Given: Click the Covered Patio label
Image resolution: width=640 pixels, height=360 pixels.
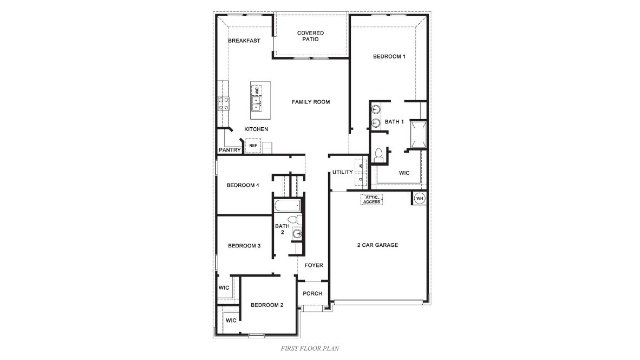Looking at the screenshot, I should (x=310, y=36).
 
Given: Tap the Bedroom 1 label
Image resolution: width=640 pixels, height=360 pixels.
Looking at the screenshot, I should (x=389, y=56).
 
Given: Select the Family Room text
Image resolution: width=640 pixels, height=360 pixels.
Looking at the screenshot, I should (x=311, y=102).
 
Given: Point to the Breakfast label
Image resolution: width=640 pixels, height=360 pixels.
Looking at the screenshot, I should (x=244, y=41).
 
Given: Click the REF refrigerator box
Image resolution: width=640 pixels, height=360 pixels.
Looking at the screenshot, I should (x=253, y=146).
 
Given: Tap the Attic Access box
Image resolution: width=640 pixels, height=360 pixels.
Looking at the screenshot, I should (x=372, y=200).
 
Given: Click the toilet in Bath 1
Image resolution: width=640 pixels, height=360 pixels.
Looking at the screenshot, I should (x=379, y=154).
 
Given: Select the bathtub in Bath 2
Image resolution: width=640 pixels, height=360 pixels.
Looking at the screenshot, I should (x=286, y=206).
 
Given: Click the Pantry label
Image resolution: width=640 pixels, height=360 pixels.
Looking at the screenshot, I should (x=230, y=150).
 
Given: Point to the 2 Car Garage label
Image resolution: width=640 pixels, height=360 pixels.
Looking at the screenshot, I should (x=377, y=245).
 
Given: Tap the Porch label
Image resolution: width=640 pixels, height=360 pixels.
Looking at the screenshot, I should (x=312, y=293).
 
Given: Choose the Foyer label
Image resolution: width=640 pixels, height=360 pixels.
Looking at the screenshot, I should (x=314, y=265).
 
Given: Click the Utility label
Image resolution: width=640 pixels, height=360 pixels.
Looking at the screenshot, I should (x=343, y=172).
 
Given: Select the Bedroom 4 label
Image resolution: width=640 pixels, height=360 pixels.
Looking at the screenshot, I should (x=243, y=185).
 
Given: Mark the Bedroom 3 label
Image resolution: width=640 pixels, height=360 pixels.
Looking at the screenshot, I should (x=244, y=246).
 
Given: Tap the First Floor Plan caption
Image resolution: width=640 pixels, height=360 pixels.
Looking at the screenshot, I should (x=310, y=348).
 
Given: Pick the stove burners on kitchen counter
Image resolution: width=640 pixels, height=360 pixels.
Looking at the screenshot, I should (x=223, y=103).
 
